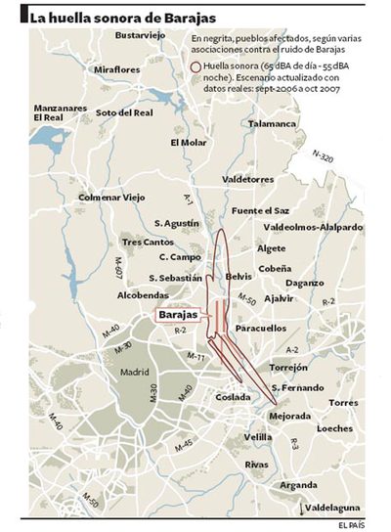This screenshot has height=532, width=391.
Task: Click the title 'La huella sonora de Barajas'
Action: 123,16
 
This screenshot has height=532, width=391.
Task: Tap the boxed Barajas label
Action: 179,315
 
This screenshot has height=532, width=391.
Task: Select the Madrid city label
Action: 134,373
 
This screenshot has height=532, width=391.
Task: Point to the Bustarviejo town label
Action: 141,35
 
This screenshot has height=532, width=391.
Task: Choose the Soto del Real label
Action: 124,113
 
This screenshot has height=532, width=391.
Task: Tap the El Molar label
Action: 188,142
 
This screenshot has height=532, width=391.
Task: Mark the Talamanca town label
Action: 271,124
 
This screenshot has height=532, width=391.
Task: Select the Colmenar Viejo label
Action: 110,197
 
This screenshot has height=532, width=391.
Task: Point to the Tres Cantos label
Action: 145,242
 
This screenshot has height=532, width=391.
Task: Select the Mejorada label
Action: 289,415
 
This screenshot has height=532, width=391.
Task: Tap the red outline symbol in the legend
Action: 195,65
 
